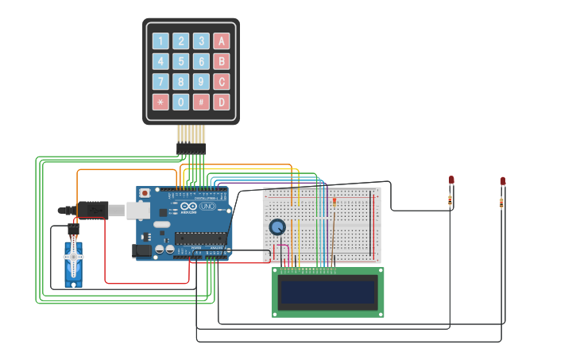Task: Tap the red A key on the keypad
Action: (221, 41)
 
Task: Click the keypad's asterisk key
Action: (160, 102)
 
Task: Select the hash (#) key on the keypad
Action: (201, 102)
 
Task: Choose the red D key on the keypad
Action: (221, 102)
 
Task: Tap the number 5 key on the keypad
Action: (181, 61)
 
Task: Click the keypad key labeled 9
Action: (201, 81)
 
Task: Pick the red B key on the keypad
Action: (221, 61)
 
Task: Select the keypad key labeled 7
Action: (160, 81)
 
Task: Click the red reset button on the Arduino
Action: (145, 193)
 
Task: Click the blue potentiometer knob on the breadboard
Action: (276, 227)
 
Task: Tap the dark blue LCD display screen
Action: (328, 292)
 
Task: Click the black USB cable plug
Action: (93, 210)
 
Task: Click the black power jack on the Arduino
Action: (142, 250)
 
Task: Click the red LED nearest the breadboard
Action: (451, 181)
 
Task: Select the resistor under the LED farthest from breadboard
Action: (501, 203)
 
